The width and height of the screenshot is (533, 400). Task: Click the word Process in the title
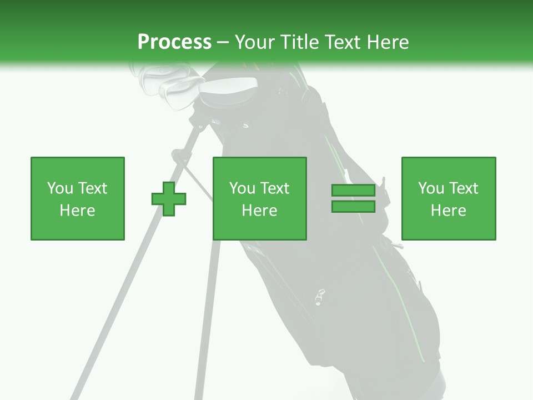174,42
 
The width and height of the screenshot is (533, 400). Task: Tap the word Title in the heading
299,42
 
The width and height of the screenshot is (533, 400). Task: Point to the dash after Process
223,43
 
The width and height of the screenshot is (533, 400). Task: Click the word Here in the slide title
386,42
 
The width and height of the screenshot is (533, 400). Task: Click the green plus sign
169,198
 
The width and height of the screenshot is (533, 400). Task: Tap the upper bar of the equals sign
353,191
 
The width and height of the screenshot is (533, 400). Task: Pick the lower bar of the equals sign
353,207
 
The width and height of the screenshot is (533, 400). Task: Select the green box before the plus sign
77,198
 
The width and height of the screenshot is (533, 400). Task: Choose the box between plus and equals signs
259,198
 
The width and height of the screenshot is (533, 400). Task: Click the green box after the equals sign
448,198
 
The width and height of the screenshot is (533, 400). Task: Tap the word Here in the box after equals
448,210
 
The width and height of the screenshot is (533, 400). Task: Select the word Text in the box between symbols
274,188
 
